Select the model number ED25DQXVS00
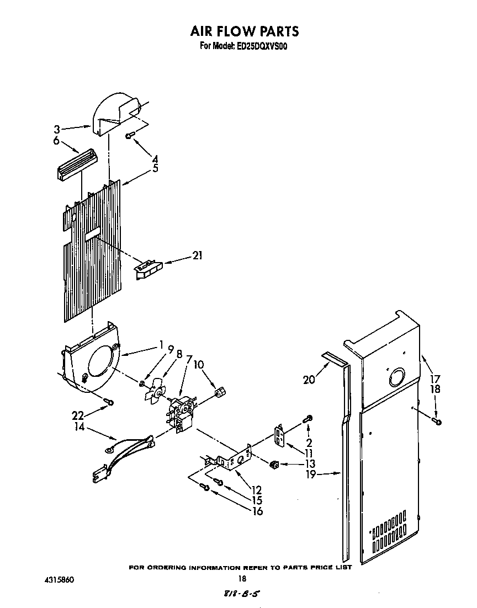267,46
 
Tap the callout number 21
197,255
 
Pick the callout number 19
311,473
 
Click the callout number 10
199,365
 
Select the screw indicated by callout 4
129,136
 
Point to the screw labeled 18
437,422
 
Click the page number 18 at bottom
241,579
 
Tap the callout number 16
256,511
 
